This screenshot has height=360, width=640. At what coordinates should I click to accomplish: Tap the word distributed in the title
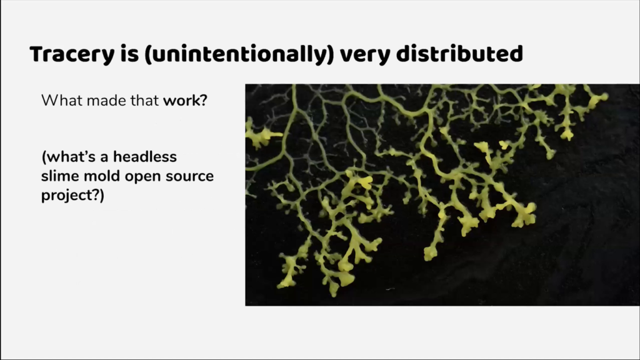point(459,54)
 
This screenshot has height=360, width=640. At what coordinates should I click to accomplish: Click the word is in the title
point(129,54)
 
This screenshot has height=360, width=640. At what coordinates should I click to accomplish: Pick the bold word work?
point(185,101)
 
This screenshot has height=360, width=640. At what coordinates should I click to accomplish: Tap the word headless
point(145,157)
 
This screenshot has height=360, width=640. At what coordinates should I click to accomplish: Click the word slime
point(60,176)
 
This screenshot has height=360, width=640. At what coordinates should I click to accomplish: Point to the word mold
point(102,176)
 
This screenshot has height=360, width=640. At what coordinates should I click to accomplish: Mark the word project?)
point(72,196)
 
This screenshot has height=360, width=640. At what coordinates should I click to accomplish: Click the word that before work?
point(144,101)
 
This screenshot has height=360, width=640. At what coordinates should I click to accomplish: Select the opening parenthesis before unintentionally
point(147,55)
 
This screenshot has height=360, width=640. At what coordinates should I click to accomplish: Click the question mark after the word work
point(204,101)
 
